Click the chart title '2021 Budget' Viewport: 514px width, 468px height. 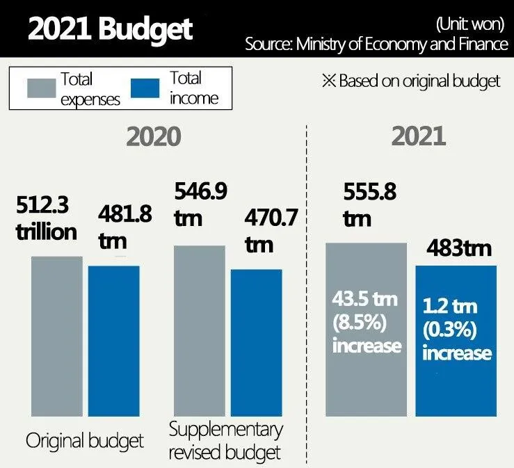pos(111,29)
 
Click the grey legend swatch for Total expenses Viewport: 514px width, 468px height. pos(41,89)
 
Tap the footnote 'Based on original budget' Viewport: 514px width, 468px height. pos(411,81)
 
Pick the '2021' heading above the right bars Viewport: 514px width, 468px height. pos(418,136)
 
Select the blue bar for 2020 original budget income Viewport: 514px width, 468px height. pos(113,341)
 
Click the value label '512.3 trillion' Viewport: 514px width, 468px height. pos(46,218)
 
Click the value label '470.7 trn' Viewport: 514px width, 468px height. pos(271,232)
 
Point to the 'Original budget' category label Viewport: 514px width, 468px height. pos(84,441)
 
